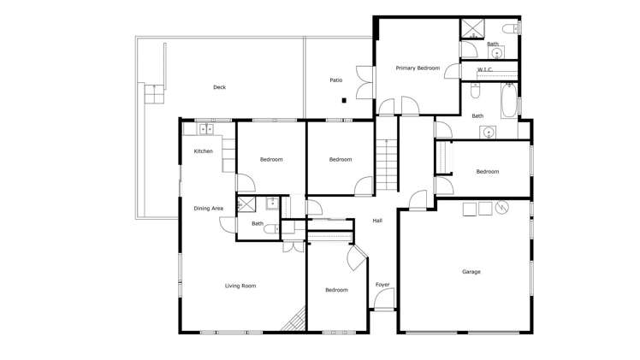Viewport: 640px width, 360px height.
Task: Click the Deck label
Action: tap(220, 87)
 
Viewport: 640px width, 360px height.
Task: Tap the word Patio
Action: tap(336, 80)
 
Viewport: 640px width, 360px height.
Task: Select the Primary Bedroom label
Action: tap(418, 68)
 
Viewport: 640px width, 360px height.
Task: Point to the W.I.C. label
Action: tap(484, 69)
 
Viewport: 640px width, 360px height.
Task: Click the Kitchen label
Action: tap(203, 151)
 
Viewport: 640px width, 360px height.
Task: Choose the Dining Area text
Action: tap(209, 209)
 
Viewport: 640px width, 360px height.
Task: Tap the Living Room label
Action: tap(240, 286)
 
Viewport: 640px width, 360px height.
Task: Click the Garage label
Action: tap(471, 272)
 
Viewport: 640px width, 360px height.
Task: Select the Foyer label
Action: tap(382, 285)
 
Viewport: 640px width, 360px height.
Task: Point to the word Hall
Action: tap(377, 221)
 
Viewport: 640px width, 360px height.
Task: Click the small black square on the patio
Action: tap(343, 100)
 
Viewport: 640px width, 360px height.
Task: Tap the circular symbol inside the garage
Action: tap(502, 207)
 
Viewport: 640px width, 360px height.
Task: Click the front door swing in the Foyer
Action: tap(384, 299)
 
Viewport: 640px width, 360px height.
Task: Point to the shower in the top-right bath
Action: tap(472, 28)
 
